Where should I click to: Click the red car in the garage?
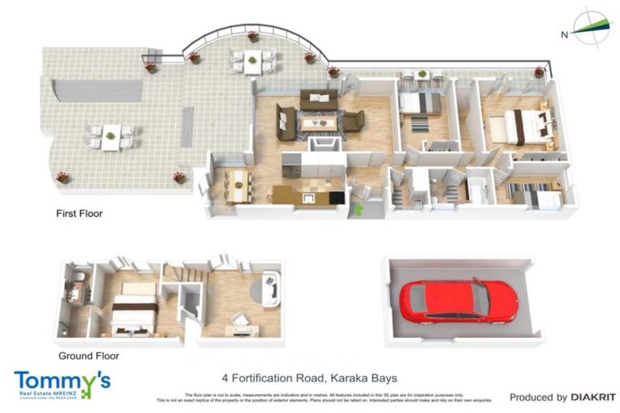(458, 301)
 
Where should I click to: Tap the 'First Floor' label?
(79, 214)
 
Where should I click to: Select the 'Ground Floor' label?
(89, 355)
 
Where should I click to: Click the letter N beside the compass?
(564, 34)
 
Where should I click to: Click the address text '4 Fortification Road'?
(274, 378)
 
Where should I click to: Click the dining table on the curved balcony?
(253, 60)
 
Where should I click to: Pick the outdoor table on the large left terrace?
(111, 136)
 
